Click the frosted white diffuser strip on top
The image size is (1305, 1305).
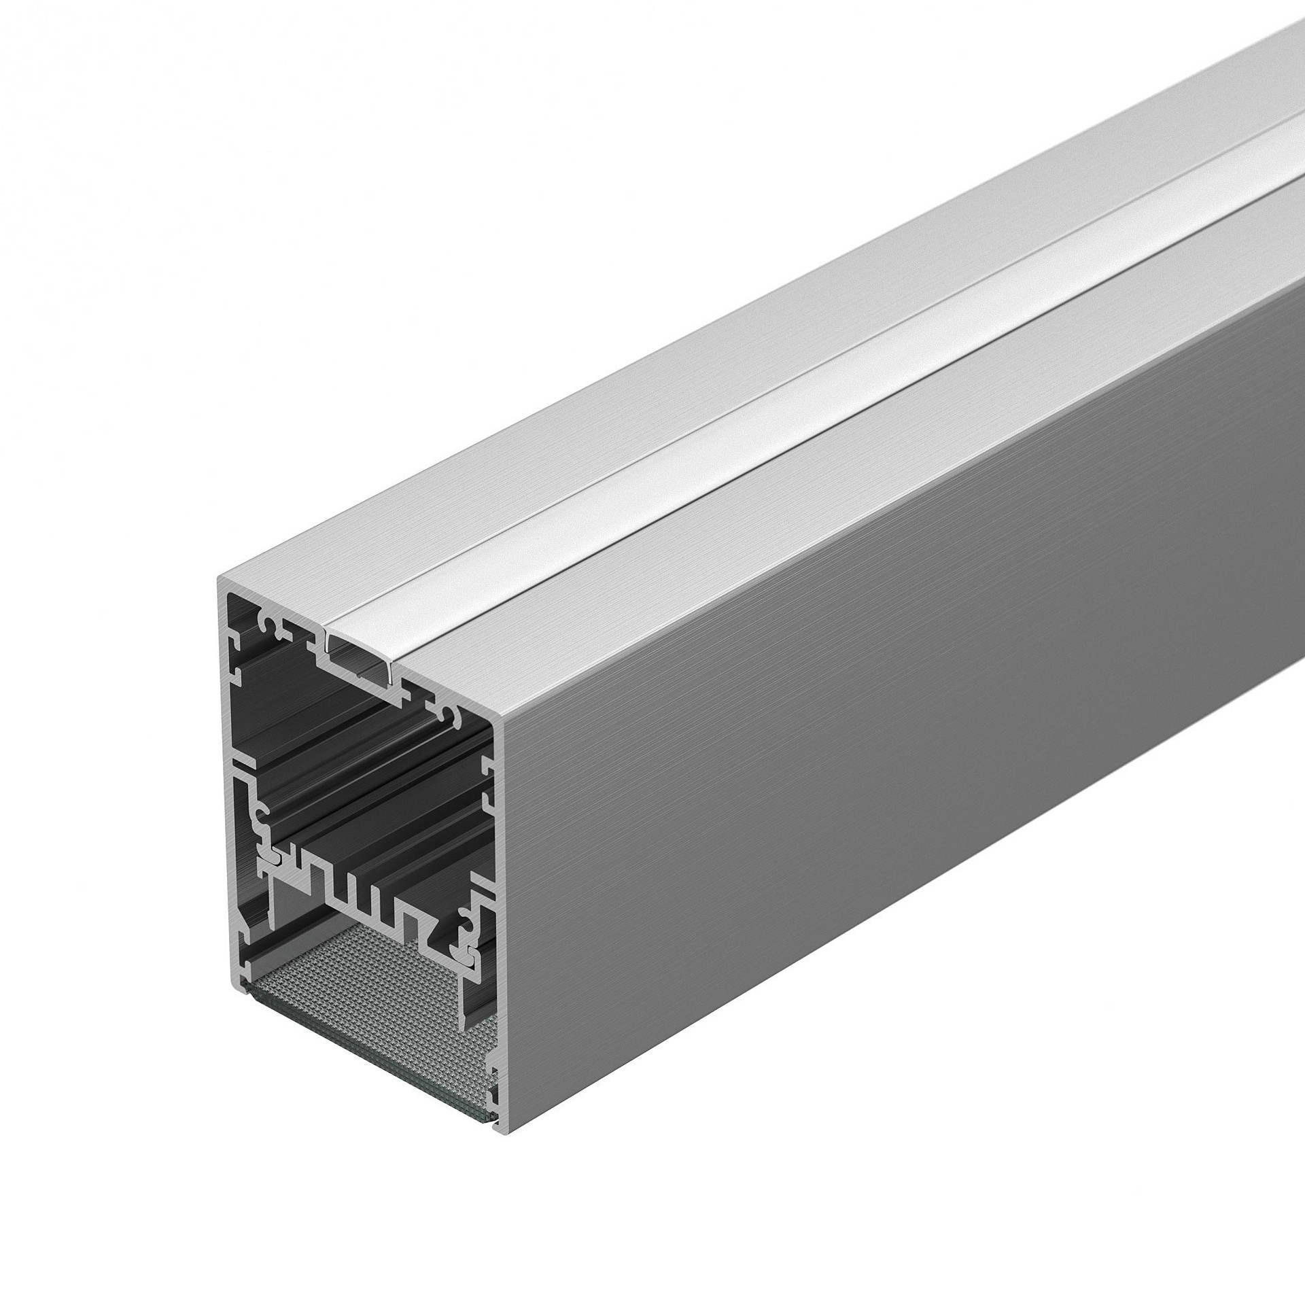748,435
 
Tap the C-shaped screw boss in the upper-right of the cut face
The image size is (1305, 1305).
449,714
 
